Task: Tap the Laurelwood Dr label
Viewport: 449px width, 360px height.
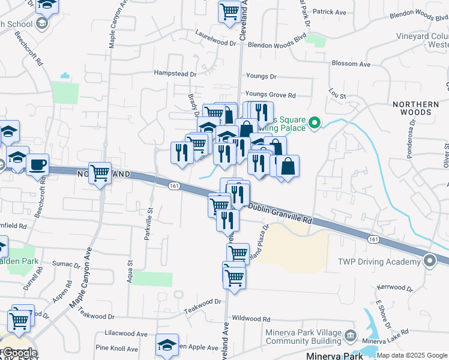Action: [x=215, y=43]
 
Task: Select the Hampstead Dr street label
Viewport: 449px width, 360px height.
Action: [x=175, y=74]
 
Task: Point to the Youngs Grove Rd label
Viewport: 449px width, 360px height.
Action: [x=271, y=95]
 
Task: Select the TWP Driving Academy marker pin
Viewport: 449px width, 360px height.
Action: [x=430, y=261]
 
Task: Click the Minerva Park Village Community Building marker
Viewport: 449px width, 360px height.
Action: [x=351, y=335]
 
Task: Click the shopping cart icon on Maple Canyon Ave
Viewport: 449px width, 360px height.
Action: [x=100, y=173]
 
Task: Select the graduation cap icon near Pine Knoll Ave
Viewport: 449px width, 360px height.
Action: [x=167, y=345]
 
